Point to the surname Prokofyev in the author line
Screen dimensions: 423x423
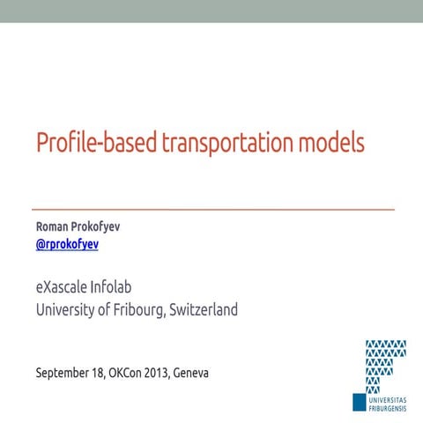click(x=97, y=226)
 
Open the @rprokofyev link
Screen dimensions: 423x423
click(x=67, y=244)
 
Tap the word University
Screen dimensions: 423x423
click(x=70, y=310)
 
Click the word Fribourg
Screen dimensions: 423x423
click(x=142, y=310)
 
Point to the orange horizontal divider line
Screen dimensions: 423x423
click(x=212, y=210)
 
